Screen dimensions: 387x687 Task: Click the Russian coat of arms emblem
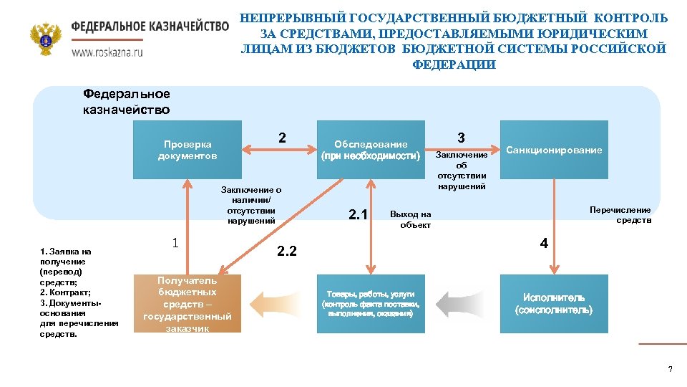click(x=46, y=39)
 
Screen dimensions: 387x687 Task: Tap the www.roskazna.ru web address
click(x=107, y=52)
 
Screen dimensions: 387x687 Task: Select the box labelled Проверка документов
click(x=187, y=150)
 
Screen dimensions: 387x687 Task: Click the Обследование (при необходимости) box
click(x=371, y=150)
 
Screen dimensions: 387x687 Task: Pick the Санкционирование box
click(x=554, y=150)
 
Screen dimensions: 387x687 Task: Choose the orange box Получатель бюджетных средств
click(x=187, y=304)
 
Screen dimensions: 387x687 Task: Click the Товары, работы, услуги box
click(x=371, y=304)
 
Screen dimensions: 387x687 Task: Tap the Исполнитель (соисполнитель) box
click(x=554, y=304)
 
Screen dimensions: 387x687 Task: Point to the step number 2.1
click(x=357, y=214)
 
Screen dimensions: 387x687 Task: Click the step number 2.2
click(x=286, y=250)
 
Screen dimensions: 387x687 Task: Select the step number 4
click(x=544, y=244)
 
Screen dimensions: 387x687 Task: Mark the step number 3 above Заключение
click(x=462, y=137)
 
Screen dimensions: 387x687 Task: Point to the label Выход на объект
click(x=411, y=219)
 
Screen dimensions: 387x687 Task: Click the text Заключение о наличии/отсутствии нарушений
click(x=251, y=206)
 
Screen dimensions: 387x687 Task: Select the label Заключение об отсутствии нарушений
click(x=462, y=171)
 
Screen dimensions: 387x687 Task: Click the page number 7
click(x=670, y=369)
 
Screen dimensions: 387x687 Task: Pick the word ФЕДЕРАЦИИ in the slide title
click(x=454, y=64)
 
